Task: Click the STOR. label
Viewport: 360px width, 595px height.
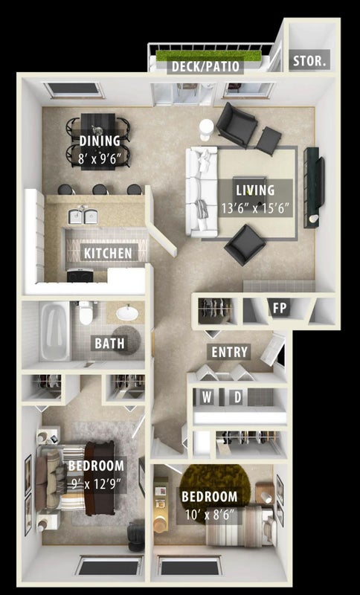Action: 309,61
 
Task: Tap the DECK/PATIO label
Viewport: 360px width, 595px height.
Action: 205,66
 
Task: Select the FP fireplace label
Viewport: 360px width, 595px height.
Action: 280,308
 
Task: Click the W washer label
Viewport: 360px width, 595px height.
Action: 207,397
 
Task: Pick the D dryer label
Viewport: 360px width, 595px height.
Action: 237,397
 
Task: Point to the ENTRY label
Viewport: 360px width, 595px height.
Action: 230,352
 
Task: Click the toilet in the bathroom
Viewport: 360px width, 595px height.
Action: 86,312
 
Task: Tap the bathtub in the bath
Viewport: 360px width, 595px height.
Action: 55,331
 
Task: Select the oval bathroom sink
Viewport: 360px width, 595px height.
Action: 127,312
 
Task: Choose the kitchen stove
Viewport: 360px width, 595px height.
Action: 80,274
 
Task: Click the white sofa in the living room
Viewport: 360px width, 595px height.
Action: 201,191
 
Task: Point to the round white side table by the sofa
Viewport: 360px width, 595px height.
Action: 207,129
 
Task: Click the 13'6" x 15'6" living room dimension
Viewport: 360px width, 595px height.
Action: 255,208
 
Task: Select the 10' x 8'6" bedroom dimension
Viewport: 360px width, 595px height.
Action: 209,515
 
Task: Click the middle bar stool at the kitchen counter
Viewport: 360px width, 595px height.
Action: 100,190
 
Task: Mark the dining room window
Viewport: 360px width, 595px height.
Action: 74,90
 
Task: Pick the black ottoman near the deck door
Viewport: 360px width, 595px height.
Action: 269,141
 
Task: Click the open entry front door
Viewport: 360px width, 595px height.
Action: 272,350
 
